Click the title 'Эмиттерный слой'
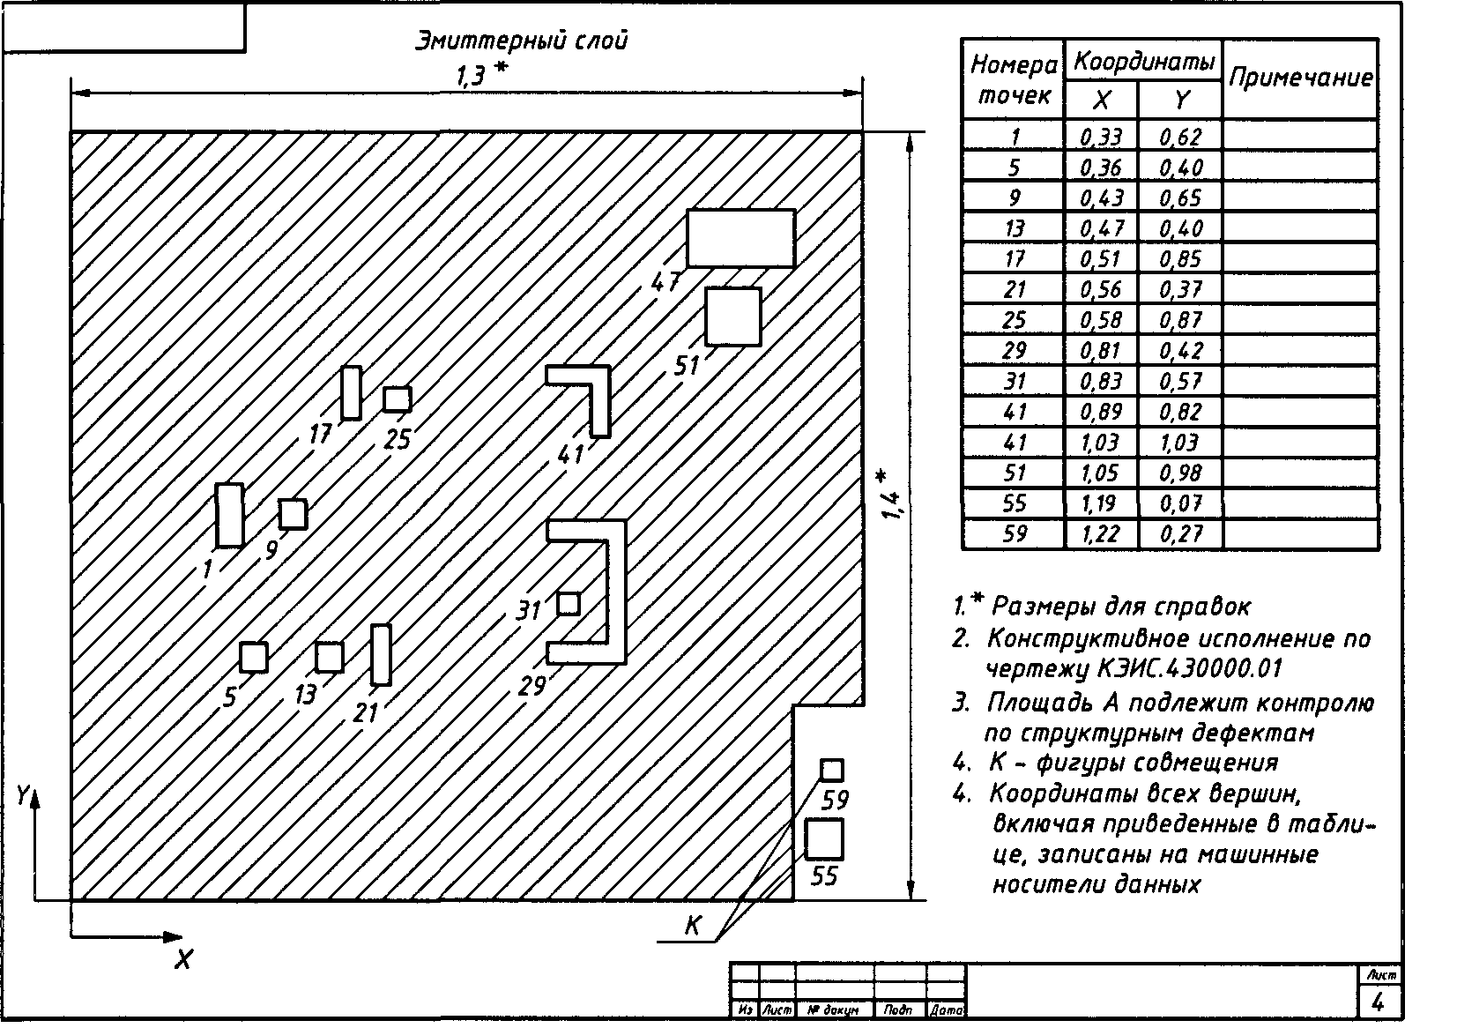[521, 41]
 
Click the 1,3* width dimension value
[479, 77]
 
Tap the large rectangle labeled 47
[740, 238]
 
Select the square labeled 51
[732, 317]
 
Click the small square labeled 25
[397, 399]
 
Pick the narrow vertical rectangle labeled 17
[352, 392]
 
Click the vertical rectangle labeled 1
[229, 515]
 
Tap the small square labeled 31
[569, 604]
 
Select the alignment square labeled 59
[831, 770]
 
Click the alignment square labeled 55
[824, 838]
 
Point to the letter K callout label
[692, 927]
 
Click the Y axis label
[21, 796]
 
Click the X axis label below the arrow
[183, 960]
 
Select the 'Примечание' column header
[1300, 78]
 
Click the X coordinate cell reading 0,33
[1101, 136]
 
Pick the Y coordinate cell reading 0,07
[1180, 503]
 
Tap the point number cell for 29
[1014, 351]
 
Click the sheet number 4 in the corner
[1379, 1002]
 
